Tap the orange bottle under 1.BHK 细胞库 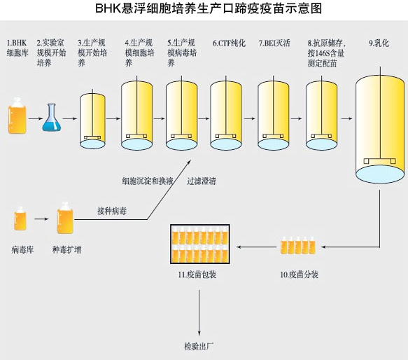coord(17,116)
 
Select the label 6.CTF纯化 coord(229,43)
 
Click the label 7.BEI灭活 coord(274,43)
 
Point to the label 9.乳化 coord(379,43)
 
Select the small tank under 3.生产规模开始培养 coord(92,119)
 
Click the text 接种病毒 coord(112,211)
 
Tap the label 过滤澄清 coord(202,181)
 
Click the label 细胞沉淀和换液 coord(148,181)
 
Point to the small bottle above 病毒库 coord(20,219)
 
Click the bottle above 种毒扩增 coord(65,218)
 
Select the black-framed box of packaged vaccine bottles coord(200,244)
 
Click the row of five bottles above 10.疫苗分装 coord(298,245)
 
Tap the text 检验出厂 coord(199,347)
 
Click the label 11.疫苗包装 coord(197,275)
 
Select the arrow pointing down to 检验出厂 coord(199,313)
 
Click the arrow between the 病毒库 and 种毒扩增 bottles coord(41,219)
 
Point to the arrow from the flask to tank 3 coord(70,119)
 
